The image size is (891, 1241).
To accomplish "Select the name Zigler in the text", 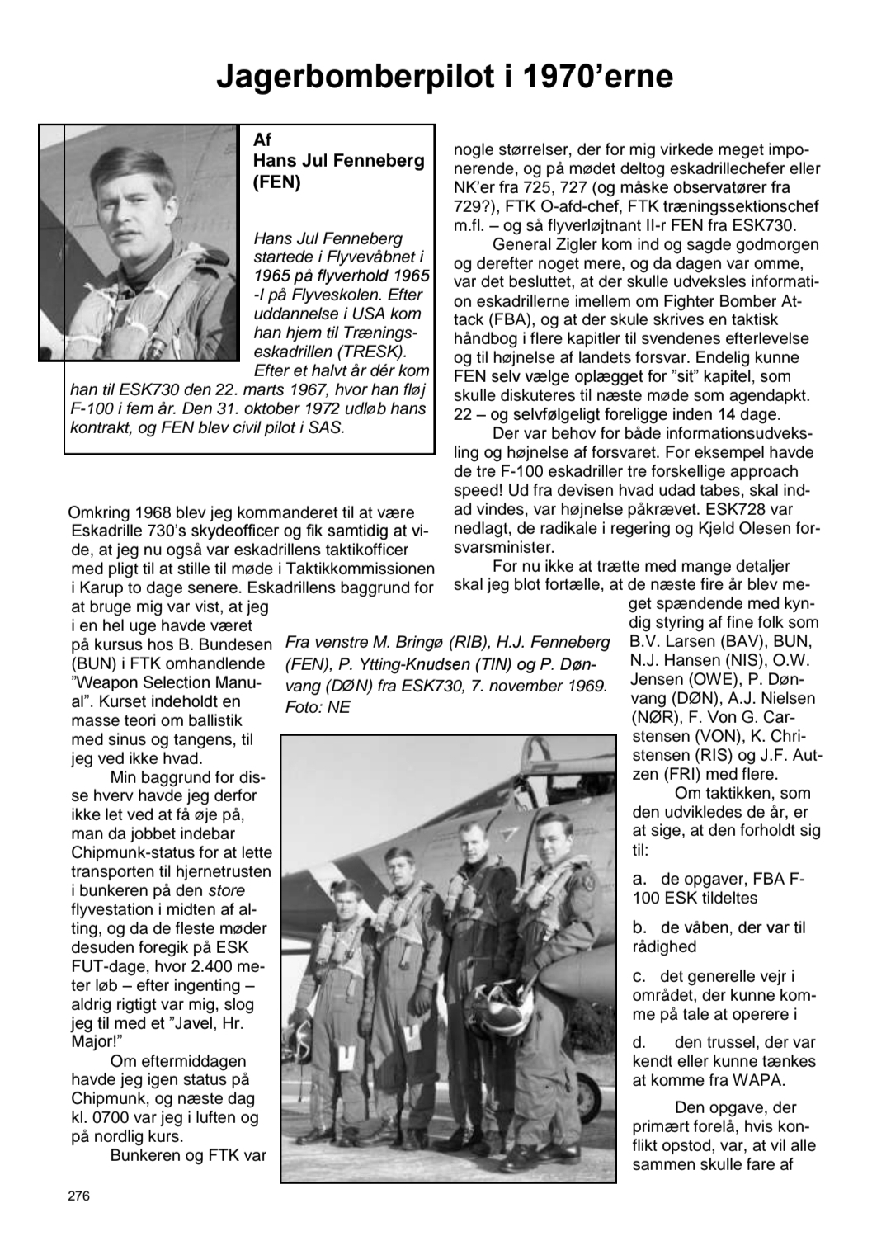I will pyautogui.click(x=590, y=244).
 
